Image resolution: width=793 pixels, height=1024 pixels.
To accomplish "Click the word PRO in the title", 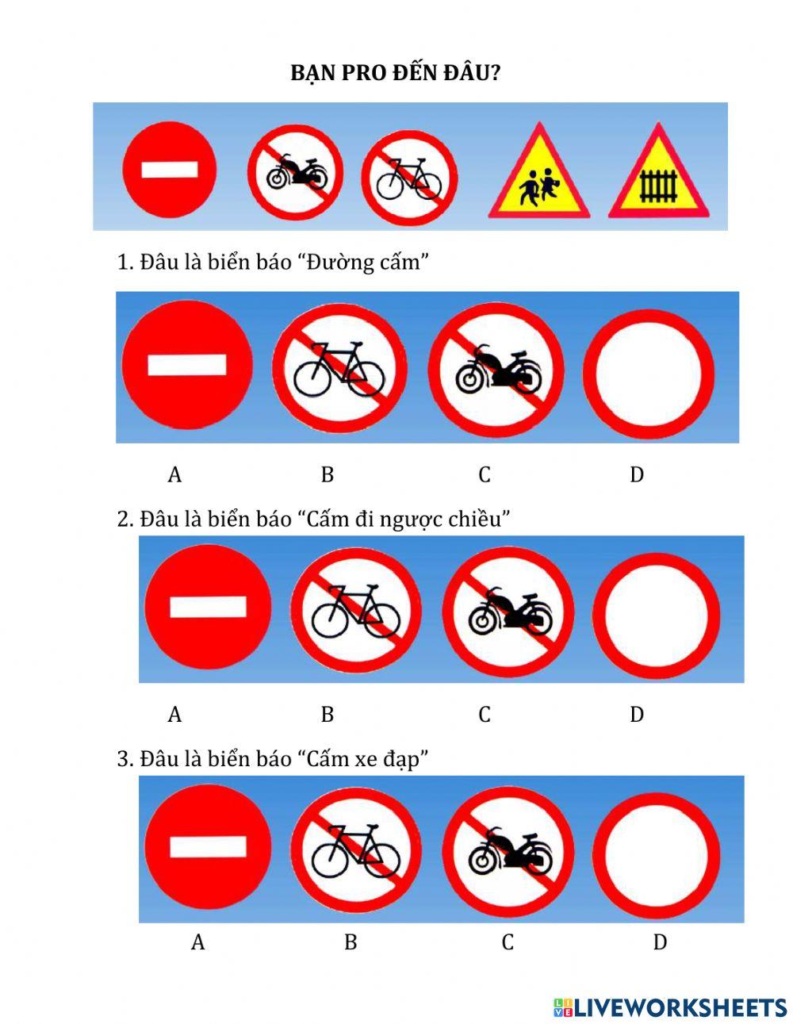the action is click(x=362, y=74).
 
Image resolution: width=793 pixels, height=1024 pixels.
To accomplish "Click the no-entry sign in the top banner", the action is click(x=169, y=169).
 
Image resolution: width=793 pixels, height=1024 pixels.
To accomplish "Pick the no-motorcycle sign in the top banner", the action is click(x=295, y=172).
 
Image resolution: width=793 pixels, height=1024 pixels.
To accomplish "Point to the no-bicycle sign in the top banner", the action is click(x=409, y=178).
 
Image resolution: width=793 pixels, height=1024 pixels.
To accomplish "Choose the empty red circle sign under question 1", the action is click(x=649, y=374).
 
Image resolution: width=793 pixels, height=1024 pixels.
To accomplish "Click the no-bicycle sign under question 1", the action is click(x=339, y=367).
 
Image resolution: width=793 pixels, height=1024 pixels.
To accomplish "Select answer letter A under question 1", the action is click(x=174, y=474).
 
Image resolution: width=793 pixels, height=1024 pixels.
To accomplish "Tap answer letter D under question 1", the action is click(x=636, y=474).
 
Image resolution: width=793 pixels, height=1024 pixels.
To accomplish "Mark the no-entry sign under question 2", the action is click(x=208, y=607).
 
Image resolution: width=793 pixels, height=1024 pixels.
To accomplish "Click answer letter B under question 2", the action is click(x=328, y=715).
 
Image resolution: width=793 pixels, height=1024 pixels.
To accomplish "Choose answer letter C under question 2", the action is click(x=485, y=715).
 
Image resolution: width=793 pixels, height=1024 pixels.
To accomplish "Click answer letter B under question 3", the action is click(x=351, y=942).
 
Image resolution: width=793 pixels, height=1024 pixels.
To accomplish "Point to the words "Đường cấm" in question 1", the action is click(x=364, y=262).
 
